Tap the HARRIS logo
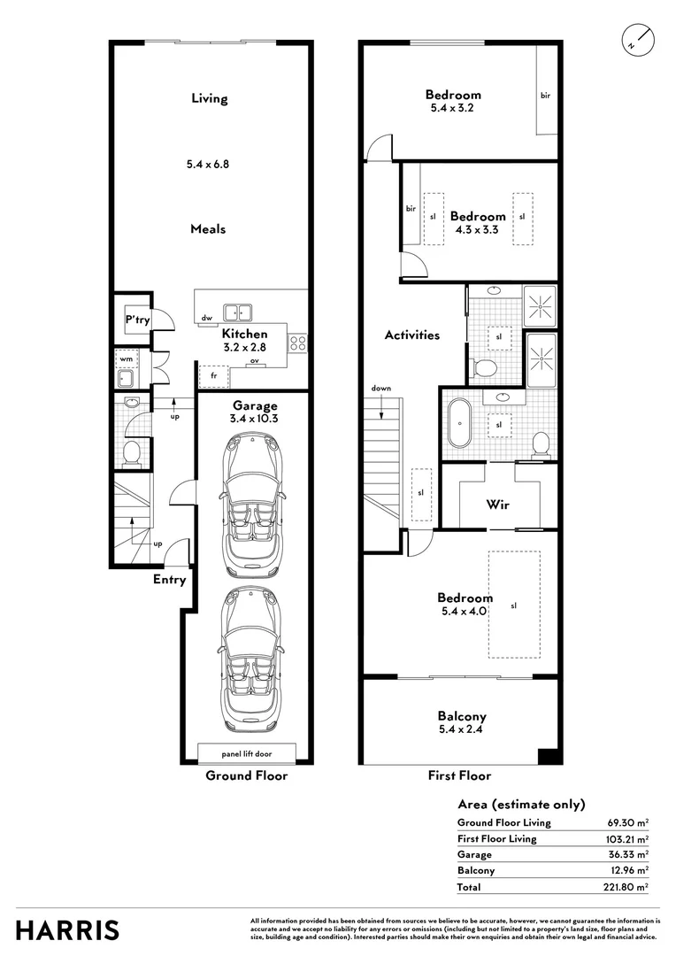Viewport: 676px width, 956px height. pyautogui.click(x=67, y=930)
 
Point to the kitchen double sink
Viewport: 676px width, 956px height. pyautogui.click(x=237, y=311)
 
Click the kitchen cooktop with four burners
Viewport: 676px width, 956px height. pyautogui.click(x=298, y=343)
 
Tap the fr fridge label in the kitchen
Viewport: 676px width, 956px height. pyautogui.click(x=212, y=375)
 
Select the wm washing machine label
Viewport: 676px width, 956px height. pyautogui.click(x=126, y=359)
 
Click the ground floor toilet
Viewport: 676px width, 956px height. pyautogui.click(x=131, y=453)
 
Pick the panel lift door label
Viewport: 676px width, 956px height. pyautogui.click(x=246, y=753)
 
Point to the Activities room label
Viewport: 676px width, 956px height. pyautogui.click(x=411, y=335)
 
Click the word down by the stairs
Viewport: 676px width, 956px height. pyautogui.click(x=381, y=389)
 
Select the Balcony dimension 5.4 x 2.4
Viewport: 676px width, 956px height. pyautogui.click(x=461, y=731)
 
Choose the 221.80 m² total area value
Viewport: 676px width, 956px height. pyautogui.click(x=627, y=886)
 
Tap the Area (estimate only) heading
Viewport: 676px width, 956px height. pyautogui.click(x=521, y=805)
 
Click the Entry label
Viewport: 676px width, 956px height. pyautogui.click(x=169, y=580)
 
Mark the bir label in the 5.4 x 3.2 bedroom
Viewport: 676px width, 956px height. pyautogui.click(x=545, y=95)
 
